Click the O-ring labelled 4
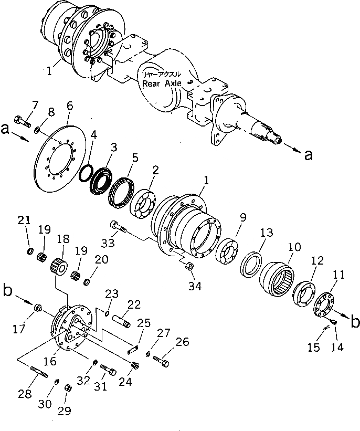coord(88,173)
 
